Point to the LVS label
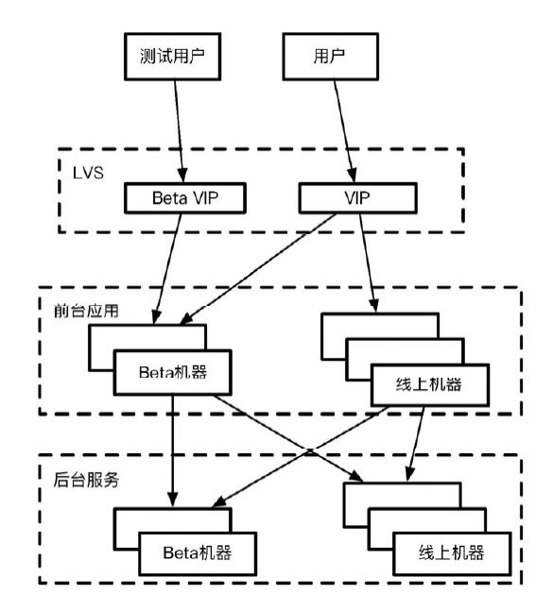88,173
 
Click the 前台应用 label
86,311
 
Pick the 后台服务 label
86,480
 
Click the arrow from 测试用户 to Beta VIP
179,131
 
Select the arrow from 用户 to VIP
344,131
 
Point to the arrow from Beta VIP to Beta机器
168,269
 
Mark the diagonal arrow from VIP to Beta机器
258,269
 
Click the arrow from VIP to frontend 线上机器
368,263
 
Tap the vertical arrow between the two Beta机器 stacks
172,451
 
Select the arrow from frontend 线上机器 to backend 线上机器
416,444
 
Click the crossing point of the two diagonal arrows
309,451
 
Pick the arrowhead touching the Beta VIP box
182,176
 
